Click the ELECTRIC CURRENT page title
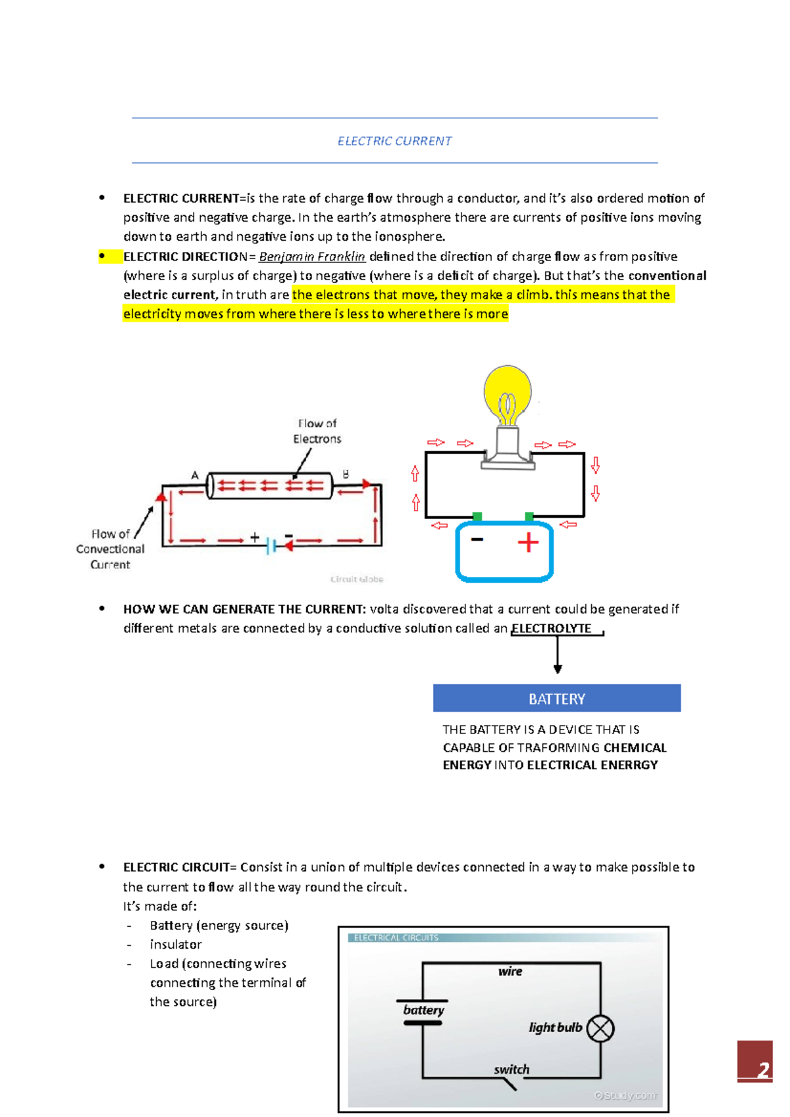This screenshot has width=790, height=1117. [394, 141]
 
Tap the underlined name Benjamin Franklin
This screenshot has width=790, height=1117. [312, 257]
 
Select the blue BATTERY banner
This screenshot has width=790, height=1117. [556, 698]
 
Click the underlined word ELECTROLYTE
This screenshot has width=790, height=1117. [552, 628]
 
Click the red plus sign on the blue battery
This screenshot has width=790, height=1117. [528, 543]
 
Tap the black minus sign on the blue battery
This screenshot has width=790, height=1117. [477, 539]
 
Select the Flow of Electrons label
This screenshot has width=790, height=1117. [317, 431]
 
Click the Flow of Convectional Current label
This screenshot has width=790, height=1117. [110, 549]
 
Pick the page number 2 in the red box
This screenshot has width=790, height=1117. [762, 1070]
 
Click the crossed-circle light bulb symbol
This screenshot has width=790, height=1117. [600, 1029]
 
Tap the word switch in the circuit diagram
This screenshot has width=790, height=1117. [512, 1070]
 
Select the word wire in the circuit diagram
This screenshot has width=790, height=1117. [510, 971]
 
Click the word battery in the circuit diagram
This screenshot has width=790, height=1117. [423, 1010]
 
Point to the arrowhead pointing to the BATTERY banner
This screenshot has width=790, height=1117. [558, 669]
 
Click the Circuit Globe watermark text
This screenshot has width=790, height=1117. [356, 579]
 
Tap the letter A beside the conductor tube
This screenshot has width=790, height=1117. [195, 475]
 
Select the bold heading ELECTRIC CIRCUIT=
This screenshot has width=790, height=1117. [179, 867]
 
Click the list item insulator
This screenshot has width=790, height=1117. [175, 945]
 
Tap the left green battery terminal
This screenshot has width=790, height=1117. [477, 516]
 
